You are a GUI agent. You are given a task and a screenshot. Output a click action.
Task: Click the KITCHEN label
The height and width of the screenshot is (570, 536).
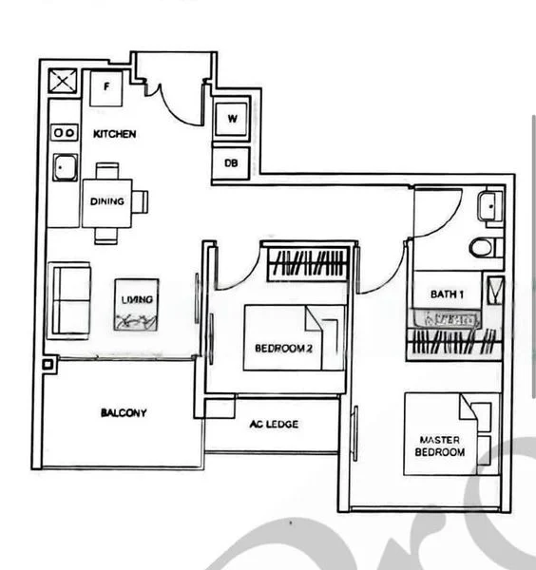(114, 135)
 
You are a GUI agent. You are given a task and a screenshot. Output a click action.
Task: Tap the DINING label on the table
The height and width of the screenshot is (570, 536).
(106, 201)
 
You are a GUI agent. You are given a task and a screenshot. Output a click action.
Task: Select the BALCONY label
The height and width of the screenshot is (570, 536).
(123, 413)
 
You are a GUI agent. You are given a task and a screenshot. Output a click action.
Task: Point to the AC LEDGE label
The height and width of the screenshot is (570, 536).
(273, 424)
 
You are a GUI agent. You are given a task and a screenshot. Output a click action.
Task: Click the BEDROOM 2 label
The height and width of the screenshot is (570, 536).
(282, 349)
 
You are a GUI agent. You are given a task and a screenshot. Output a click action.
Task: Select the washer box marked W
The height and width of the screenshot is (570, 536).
(232, 120)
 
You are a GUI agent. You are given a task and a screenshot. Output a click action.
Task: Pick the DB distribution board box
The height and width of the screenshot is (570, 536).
(231, 163)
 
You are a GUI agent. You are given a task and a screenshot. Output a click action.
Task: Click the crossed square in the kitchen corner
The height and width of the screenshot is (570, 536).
(63, 82)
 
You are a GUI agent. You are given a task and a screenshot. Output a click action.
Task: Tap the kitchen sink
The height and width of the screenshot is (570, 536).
(66, 168)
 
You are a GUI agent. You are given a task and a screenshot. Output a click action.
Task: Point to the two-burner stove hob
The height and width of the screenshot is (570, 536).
(64, 133)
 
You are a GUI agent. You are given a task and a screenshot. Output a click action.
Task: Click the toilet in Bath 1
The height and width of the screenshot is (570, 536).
(483, 248)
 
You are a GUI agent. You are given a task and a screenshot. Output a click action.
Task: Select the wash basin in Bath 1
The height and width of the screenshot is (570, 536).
(488, 205)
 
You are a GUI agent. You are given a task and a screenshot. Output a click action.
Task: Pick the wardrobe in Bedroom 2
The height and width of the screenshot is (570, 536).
(306, 263)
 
